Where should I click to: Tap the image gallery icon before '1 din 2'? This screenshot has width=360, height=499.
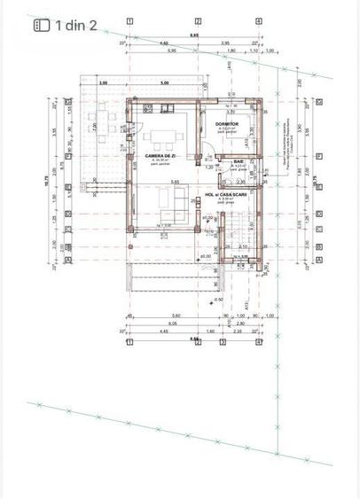[x=41, y=26]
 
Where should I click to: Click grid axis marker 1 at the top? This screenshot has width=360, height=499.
[x=130, y=19]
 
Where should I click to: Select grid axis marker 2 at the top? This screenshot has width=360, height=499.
[x=198, y=19]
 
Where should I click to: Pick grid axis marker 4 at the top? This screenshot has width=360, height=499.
[x=258, y=19]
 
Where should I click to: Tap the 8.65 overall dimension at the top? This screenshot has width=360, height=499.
[x=194, y=35]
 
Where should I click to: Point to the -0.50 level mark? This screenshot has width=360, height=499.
[x=218, y=299]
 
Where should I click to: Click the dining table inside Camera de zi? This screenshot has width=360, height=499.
[x=161, y=136]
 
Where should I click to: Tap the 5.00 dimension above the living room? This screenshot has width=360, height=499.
[x=164, y=82]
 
